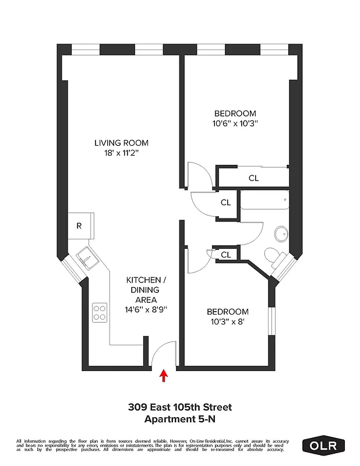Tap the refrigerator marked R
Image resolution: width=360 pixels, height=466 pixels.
point(79,226)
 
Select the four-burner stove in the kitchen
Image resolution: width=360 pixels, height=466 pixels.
point(100,312)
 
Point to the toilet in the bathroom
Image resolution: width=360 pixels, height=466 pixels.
point(273,255)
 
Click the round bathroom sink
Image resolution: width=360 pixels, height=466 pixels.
point(281,234)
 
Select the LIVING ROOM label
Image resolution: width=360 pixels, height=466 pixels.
point(121,143)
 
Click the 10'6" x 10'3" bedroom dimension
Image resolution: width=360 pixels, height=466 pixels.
point(235,123)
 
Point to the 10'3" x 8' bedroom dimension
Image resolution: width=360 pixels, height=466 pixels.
point(231,322)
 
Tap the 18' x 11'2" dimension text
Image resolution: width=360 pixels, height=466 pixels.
point(121,153)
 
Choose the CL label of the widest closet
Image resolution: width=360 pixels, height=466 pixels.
point(253,178)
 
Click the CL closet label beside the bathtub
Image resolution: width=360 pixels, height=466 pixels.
point(226,203)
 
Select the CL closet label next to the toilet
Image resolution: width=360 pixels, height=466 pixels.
point(226,255)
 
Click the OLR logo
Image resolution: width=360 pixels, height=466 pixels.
point(323,446)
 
